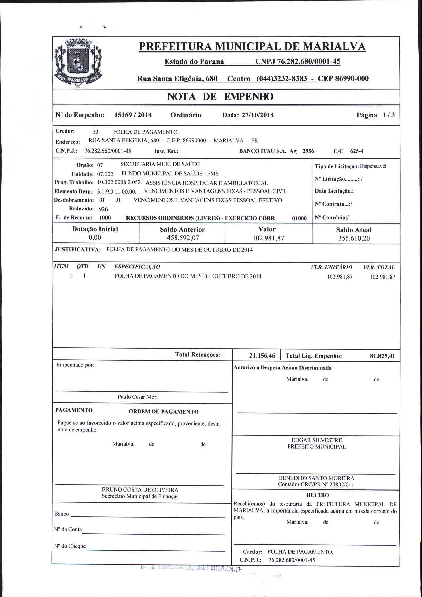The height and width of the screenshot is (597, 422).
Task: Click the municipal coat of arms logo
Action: pyautogui.click(x=78, y=63)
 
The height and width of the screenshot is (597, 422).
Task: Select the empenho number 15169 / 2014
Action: pyautogui.click(x=133, y=115)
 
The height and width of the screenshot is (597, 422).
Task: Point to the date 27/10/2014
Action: pyautogui.click(x=258, y=115)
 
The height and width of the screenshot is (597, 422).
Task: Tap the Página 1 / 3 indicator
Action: pyautogui.click(x=376, y=115)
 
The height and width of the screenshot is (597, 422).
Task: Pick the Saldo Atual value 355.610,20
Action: pyautogui.click(x=354, y=238)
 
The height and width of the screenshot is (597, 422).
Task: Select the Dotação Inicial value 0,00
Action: pyautogui.click(x=95, y=237)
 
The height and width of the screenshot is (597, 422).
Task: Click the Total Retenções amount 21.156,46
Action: pyautogui.click(x=262, y=356)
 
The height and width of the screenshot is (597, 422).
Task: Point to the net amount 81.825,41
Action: pyautogui.click(x=382, y=356)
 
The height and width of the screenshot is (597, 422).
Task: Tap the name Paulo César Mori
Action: pyautogui.click(x=138, y=397)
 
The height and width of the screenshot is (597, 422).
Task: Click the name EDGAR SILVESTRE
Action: pyautogui.click(x=316, y=440)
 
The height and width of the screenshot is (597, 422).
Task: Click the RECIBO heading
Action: pyautogui.click(x=318, y=495)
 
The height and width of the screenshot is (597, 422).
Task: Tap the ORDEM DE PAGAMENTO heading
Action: pyautogui.click(x=163, y=412)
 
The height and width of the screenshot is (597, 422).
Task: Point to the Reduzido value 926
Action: pyautogui.click(x=103, y=209)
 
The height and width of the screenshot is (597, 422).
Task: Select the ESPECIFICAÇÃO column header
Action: pyautogui.click(x=137, y=267)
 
